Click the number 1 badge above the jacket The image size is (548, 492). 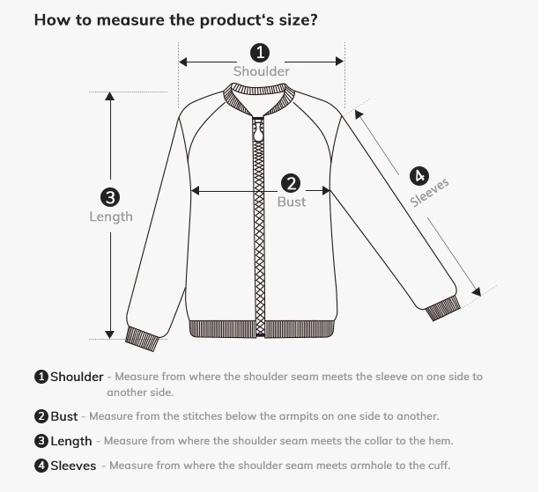pos(260,53)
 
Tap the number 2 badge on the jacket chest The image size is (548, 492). pos(291,183)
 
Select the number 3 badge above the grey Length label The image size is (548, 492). pos(110,197)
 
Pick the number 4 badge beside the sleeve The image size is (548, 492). pos(419,176)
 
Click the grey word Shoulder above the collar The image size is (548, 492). pos(262,71)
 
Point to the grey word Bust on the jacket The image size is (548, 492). pos(292,202)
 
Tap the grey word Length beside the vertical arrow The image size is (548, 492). pos(111,217)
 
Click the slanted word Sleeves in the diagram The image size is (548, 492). pos(429,193)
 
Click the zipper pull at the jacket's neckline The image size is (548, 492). pos(258,130)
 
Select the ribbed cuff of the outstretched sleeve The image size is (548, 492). pos(443,308)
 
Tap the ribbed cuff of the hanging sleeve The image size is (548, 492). pos(142,338)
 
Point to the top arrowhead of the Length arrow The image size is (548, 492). pos(110,96)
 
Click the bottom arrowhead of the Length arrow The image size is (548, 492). pos(110,334)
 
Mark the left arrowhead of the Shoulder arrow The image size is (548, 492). pos(183,62)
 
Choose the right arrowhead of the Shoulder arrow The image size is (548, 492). pos(339,62)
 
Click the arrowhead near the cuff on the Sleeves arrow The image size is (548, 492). pos(477,291)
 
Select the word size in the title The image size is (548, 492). pos(294,20)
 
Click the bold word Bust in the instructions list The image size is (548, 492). pos(64,416)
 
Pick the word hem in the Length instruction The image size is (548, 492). pos(441,441)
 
